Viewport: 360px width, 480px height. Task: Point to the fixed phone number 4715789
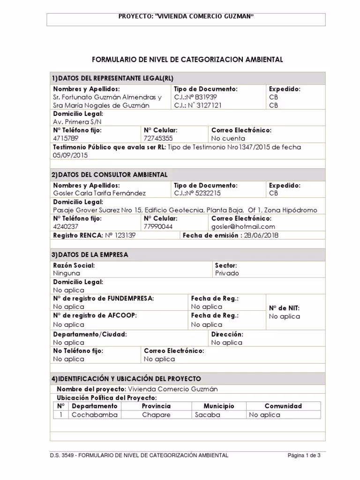tap(66, 138)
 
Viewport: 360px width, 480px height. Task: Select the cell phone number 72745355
tap(158, 138)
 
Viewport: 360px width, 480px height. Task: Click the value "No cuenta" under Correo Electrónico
tap(228, 138)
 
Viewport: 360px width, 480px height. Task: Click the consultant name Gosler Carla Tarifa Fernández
tap(99, 193)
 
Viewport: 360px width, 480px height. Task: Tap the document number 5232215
tap(197, 193)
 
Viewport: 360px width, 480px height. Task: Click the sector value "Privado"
tap(227, 273)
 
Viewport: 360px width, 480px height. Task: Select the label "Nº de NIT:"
tap(284, 308)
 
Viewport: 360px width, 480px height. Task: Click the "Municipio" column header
tap(218, 406)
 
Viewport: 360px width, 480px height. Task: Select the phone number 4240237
tap(66, 226)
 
